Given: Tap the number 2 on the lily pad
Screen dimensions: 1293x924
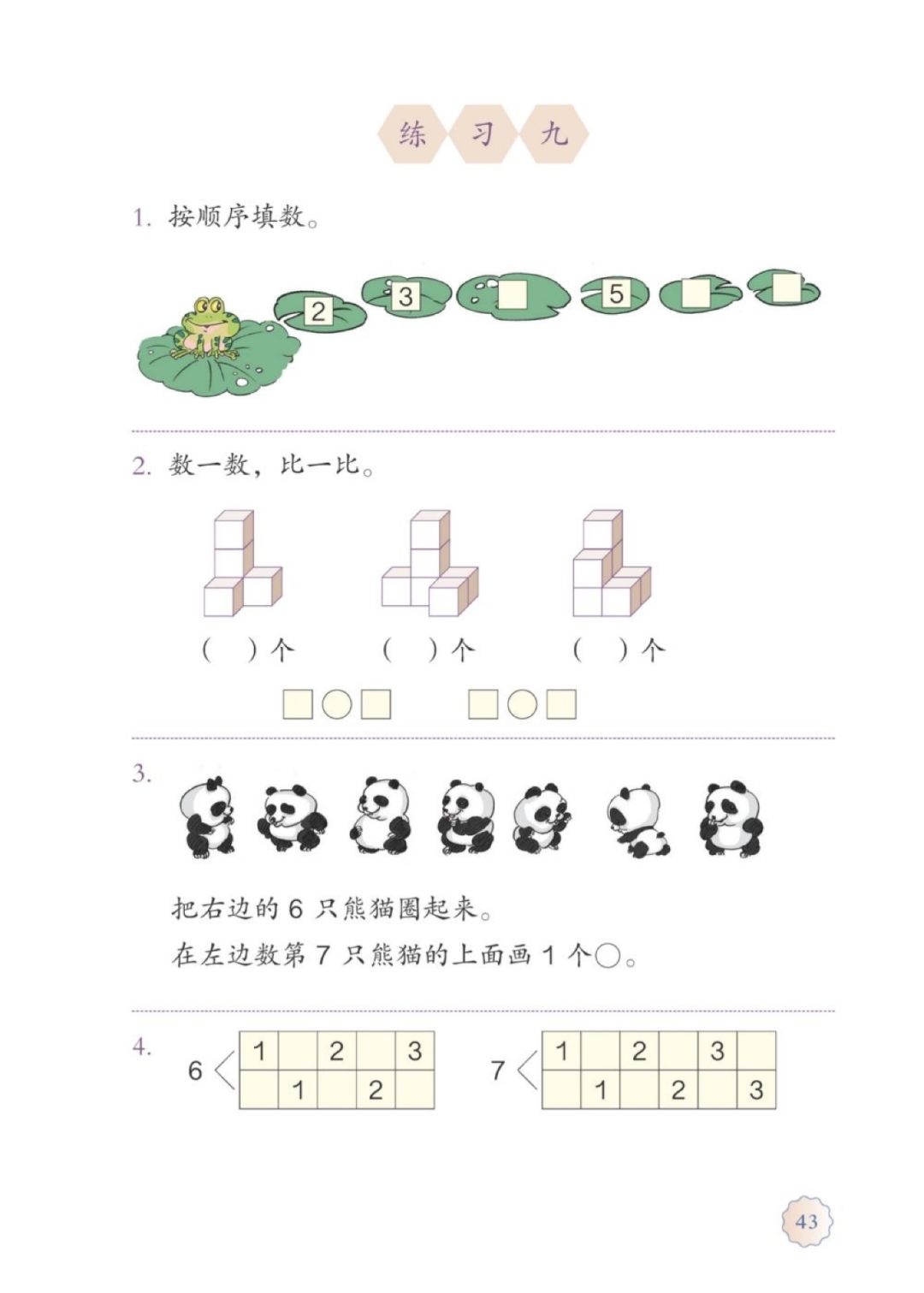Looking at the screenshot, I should pyautogui.click(x=318, y=311).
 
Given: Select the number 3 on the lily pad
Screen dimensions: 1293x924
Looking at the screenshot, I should pyautogui.click(x=405, y=296).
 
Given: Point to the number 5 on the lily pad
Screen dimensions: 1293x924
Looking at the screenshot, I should pyautogui.click(x=616, y=294).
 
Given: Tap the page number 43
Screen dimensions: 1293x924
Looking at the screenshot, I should pyautogui.click(x=806, y=1221).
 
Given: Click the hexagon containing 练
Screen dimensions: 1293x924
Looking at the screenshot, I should pyautogui.click(x=412, y=133).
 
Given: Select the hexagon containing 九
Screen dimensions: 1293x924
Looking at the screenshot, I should pyautogui.click(x=554, y=133).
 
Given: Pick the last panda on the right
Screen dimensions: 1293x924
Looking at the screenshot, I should pyautogui.click(x=730, y=818).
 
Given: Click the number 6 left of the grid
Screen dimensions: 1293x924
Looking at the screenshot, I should pyautogui.click(x=196, y=1070).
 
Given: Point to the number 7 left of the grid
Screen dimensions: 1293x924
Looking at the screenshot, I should pyautogui.click(x=498, y=1070).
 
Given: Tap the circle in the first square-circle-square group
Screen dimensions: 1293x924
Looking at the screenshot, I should pyautogui.click(x=337, y=704).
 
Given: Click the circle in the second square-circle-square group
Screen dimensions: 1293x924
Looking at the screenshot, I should pyautogui.click(x=522, y=704).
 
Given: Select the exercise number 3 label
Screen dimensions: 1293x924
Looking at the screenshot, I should pyautogui.click(x=141, y=774).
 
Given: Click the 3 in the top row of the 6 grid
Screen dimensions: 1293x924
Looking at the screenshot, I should pyautogui.click(x=414, y=1051).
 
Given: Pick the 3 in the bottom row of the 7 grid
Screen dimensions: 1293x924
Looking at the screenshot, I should pyautogui.click(x=755, y=1090).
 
